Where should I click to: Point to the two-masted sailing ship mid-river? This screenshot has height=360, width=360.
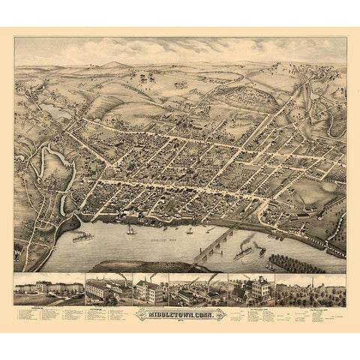pyautogui.click(x=132, y=229)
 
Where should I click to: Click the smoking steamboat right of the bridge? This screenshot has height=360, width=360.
pyautogui.click(x=244, y=253)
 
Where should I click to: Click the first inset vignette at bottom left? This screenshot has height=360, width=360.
pyautogui.click(x=48, y=289)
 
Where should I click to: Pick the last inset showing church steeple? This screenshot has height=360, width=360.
pyautogui.click(x=310, y=289)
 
